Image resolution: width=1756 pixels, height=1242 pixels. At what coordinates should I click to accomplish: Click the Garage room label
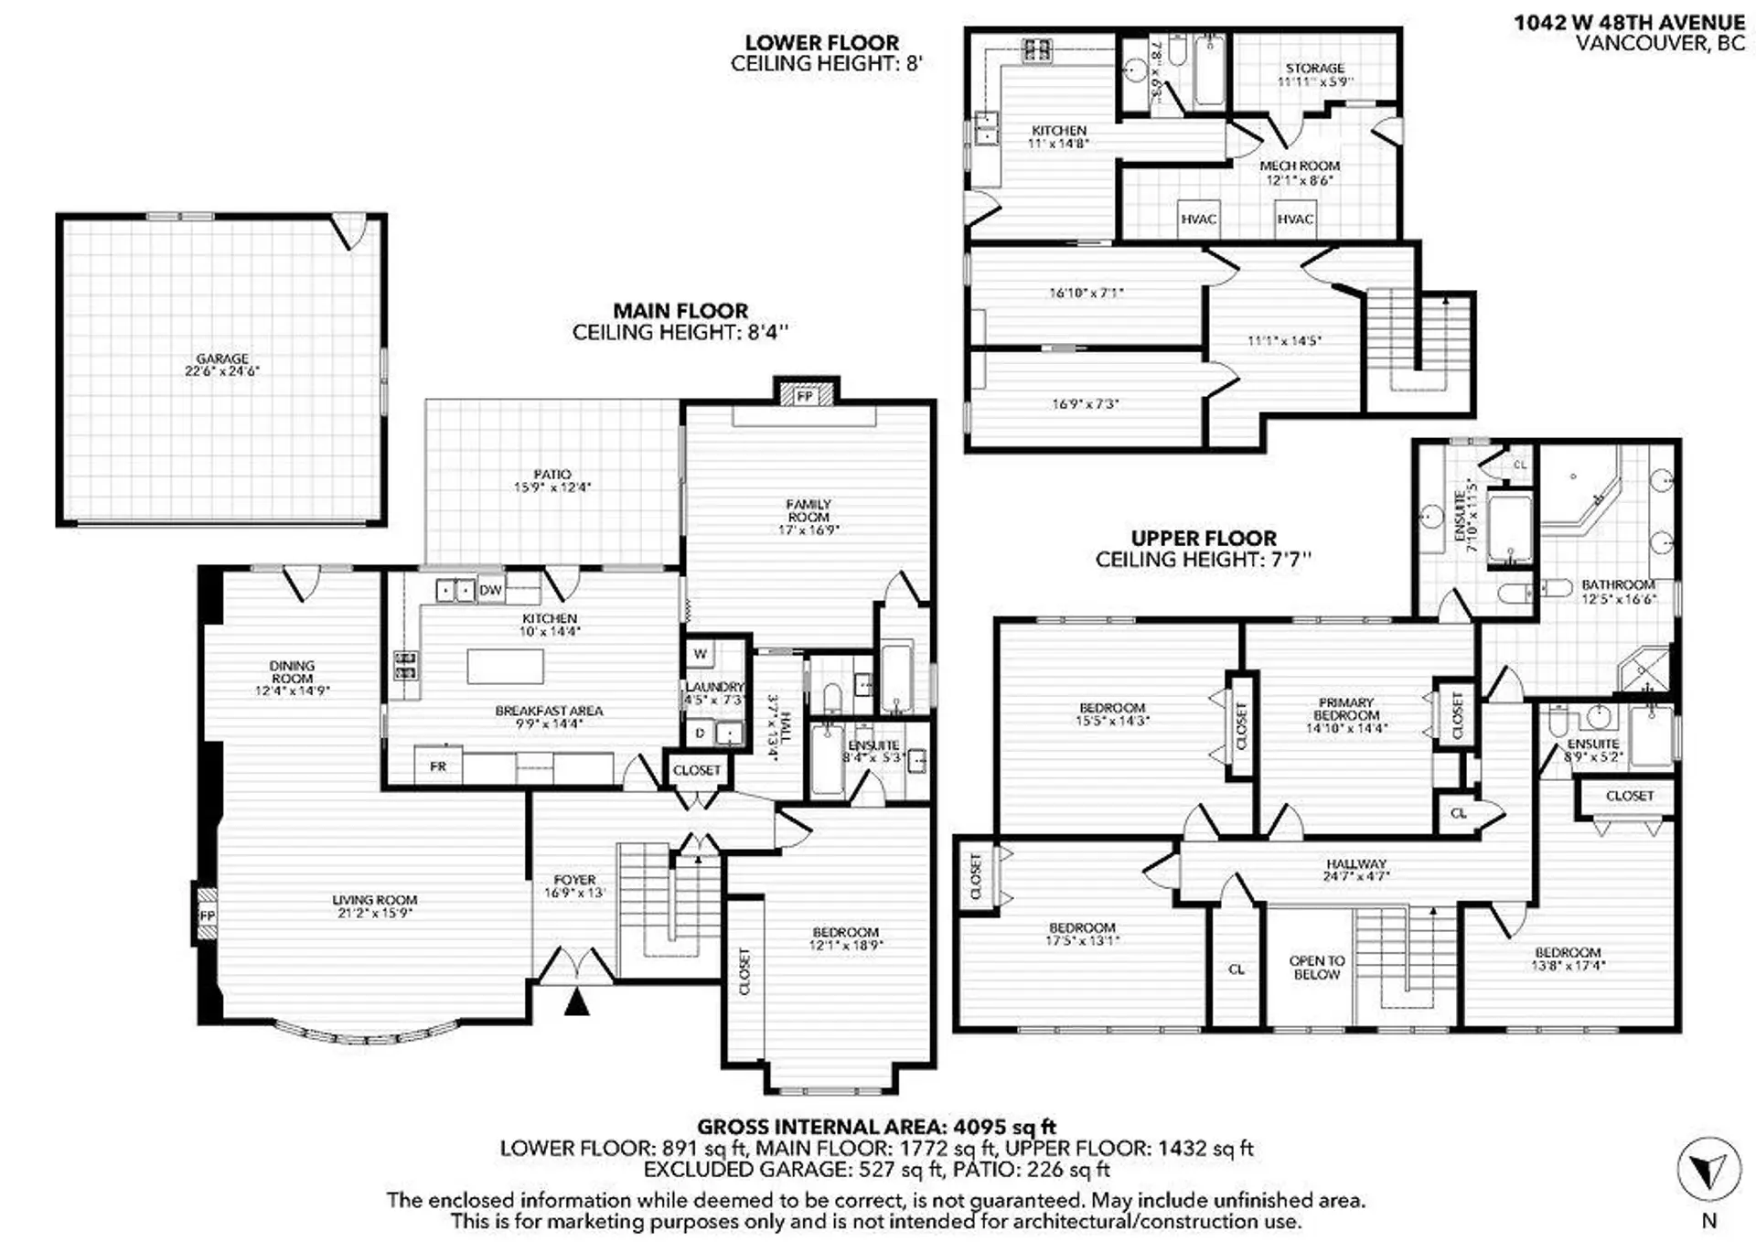click(222, 359)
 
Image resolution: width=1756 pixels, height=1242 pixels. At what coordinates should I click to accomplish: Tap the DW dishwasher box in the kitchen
click(490, 591)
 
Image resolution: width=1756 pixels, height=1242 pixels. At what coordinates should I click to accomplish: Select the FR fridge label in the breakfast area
click(438, 766)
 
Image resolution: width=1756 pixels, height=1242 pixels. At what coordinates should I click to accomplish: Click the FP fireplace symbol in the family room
click(805, 397)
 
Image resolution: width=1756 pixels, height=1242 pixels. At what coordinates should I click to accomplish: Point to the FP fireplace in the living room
click(207, 915)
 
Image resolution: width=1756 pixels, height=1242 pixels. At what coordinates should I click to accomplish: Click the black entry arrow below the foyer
click(577, 1003)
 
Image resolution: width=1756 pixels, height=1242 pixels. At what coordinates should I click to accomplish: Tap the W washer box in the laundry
click(701, 654)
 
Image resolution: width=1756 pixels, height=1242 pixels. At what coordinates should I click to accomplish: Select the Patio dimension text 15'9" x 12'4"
click(551, 487)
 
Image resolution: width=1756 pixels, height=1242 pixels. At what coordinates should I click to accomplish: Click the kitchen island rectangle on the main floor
click(505, 667)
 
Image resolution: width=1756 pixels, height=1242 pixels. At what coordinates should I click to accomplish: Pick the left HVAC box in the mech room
click(1198, 219)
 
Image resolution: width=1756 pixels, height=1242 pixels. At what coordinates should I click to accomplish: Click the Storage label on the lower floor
click(1314, 69)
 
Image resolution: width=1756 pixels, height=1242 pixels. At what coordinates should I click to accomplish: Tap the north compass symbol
click(1708, 1170)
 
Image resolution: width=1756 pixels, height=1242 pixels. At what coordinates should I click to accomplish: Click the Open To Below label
click(1317, 968)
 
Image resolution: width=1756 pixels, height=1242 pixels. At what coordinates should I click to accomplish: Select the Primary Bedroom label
click(1346, 710)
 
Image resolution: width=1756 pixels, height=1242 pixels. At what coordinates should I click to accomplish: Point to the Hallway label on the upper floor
click(1356, 863)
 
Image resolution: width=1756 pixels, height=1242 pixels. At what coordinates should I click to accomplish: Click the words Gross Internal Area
click(821, 1127)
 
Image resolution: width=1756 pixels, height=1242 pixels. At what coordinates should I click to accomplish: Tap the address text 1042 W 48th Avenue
click(1629, 23)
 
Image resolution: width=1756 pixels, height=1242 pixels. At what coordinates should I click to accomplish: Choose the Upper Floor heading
click(1204, 539)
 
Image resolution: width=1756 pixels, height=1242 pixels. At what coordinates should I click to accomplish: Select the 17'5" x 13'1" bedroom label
click(1082, 934)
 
